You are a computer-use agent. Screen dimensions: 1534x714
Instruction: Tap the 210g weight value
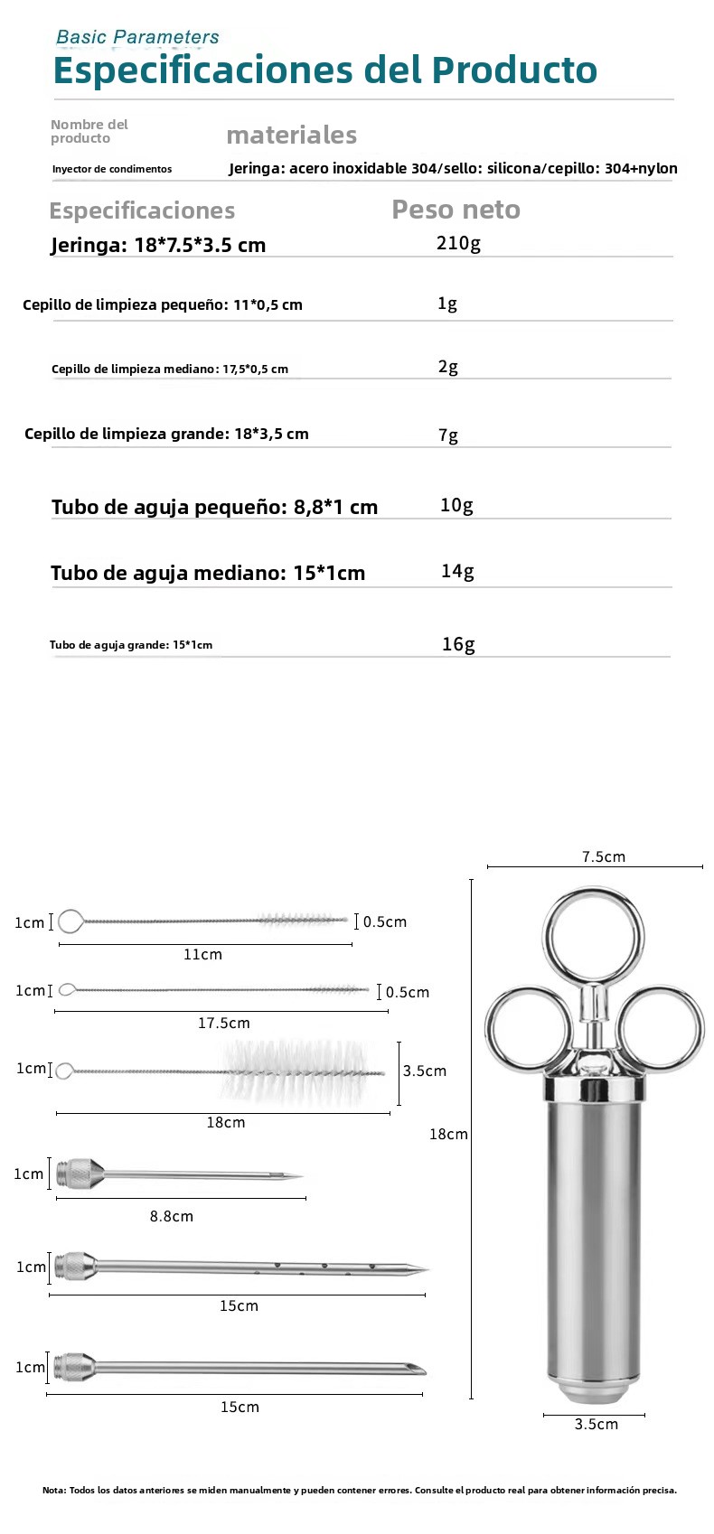pos(458,243)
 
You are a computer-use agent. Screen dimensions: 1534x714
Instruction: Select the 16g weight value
pos(458,644)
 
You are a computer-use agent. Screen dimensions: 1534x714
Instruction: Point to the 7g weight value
pos(448,435)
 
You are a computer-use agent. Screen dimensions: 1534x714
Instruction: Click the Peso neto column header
pos(456,210)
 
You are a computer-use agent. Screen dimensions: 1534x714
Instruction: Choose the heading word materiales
pos(291,136)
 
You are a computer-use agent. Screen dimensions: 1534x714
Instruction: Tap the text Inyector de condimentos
pos(112,169)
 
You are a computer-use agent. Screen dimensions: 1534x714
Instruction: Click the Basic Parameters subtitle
pos(137,37)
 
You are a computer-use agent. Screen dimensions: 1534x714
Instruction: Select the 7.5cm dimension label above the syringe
pos(603,856)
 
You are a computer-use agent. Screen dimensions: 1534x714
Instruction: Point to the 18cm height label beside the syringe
pos(448,1134)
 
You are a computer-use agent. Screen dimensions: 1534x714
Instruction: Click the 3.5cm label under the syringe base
pos(597,1424)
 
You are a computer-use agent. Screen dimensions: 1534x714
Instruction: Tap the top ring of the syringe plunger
pos(594,935)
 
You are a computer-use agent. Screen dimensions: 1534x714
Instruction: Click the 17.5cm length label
pos(224,1023)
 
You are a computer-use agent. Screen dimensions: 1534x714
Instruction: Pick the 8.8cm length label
pos(172,1216)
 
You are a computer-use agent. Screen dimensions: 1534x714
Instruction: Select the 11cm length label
pos(202,954)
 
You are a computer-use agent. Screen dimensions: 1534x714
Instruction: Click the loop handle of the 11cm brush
pos(70,921)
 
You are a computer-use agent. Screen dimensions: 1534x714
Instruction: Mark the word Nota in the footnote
pos(52,1491)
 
